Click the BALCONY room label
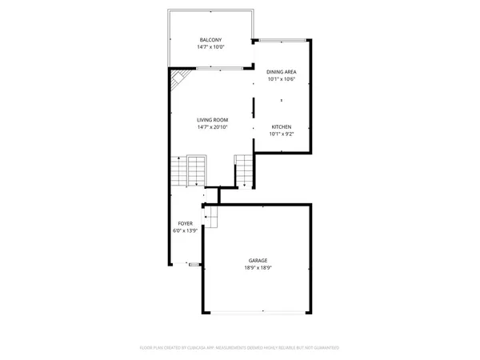(x=210, y=40)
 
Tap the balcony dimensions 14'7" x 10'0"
(x=210, y=47)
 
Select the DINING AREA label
(x=281, y=72)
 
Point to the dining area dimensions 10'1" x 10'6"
(x=281, y=79)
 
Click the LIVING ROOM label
(x=212, y=120)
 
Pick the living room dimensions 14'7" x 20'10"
(x=212, y=127)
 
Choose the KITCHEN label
(x=281, y=127)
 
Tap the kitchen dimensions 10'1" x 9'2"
(x=281, y=134)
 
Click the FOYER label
(x=185, y=224)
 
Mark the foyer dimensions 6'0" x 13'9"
(x=185, y=231)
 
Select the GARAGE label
(x=258, y=260)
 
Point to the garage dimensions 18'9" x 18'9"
(x=258, y=267)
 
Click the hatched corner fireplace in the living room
(x=179, y=78)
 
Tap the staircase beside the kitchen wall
(x=243, y=168)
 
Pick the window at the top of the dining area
(x=280, y=40)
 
